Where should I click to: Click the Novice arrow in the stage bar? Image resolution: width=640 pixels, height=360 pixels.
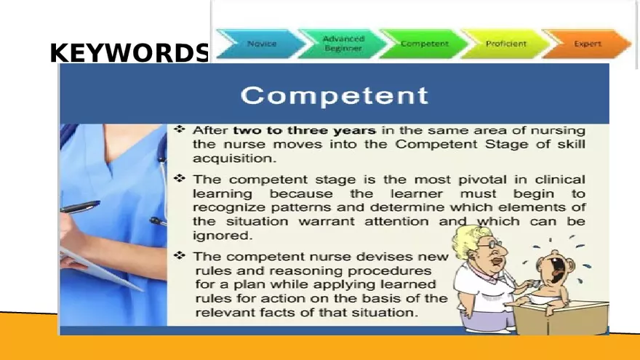point(261,44)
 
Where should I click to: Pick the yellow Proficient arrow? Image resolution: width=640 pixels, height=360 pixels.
point(505,44)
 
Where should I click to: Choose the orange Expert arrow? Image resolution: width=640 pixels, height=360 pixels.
point(587,44)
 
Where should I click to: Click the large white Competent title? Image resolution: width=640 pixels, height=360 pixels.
point(334,95)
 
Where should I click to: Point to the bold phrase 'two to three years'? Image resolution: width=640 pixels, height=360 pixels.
point(304,131)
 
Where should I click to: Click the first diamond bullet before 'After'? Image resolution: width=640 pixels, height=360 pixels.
point(180,129)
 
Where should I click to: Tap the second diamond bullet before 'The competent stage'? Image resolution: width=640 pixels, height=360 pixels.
point(180,178)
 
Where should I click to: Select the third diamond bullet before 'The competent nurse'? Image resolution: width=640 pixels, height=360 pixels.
point(180,256)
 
